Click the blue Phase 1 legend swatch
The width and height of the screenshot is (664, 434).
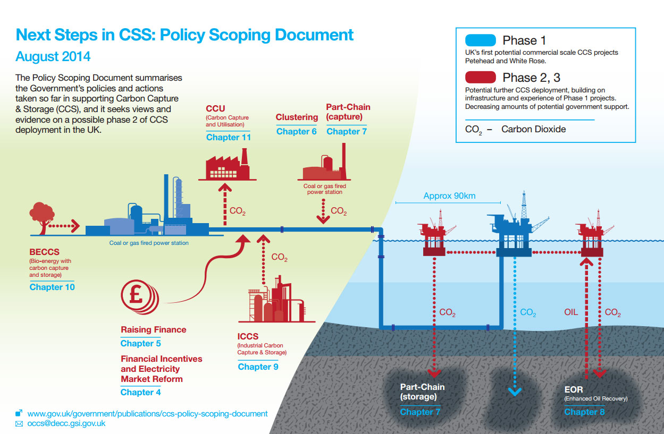coord(480,40)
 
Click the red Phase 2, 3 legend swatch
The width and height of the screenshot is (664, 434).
coord(480,78)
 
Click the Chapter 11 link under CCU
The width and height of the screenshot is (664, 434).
coord(228,138)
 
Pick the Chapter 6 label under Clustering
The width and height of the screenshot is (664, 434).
coord(296,131)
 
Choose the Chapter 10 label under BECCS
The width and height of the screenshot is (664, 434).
coord(52,287)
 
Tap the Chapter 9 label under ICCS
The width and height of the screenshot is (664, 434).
coord(258,367)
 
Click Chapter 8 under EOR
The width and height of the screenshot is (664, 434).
coord(584,412)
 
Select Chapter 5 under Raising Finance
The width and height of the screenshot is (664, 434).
coord(140,343)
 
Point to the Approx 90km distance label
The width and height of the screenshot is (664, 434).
coord(449,196)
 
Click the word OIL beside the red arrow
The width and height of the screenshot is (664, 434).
coord(571,312)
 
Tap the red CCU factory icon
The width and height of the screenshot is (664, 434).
coord(227,165)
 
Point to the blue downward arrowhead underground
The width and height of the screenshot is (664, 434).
coord(514,392)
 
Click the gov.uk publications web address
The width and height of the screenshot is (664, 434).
coord(147,413)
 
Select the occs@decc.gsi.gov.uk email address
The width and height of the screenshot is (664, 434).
coord(66,423)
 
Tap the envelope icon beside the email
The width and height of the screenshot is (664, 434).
coord(19,424)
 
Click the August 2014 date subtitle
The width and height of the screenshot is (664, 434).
coord(53,56)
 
